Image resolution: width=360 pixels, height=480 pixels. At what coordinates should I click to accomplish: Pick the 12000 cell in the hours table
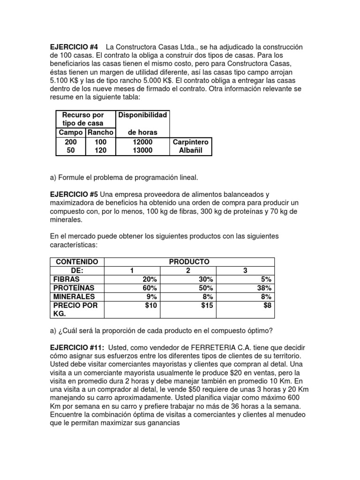142,142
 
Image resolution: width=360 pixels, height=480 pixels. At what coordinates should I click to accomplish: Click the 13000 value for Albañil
142,150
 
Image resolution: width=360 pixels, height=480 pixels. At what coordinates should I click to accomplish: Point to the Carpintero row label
191,142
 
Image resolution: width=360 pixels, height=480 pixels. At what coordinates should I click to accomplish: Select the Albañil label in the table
191,150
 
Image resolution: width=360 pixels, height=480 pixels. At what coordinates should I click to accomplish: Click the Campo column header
70,133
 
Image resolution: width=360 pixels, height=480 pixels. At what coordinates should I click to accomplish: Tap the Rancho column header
100,133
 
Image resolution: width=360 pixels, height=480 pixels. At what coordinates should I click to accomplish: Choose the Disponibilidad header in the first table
142,115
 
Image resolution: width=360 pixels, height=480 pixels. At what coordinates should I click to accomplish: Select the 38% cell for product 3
264,288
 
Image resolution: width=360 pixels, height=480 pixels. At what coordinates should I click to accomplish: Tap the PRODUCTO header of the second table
190,261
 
